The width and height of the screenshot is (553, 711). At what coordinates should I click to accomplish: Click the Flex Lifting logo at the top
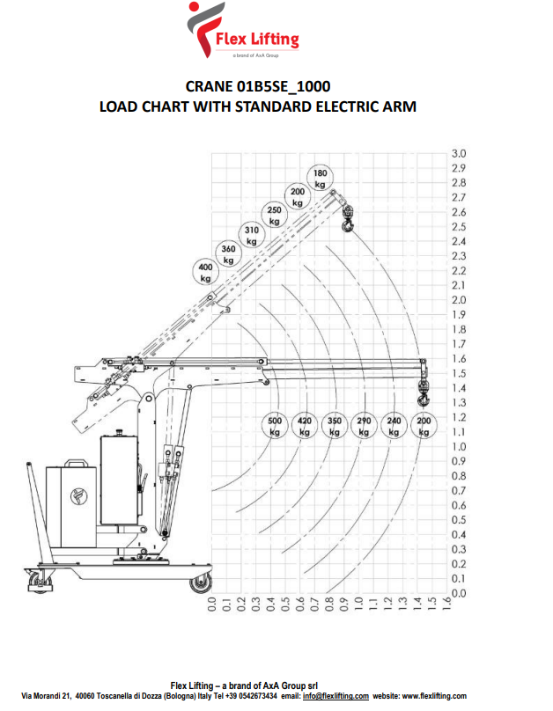[x=243, y=30]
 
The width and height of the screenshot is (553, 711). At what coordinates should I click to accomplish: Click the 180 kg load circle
[x=321, y=179]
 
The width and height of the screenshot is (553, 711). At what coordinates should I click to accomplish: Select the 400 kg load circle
[x=205, y=272]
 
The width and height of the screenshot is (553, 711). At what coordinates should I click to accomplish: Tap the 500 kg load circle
[x=275, y=426]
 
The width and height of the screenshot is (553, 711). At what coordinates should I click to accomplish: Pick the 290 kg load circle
[x=364, y=426]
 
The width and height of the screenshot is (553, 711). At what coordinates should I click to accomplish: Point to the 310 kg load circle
[x=252, y=235]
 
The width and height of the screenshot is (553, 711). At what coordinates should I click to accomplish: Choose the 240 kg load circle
[x=394, y=426]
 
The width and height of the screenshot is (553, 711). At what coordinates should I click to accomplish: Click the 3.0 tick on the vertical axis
[x=459, y=154]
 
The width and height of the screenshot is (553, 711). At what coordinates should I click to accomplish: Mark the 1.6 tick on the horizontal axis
[x=446, y=604]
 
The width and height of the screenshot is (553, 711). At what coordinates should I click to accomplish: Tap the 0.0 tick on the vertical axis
[x=459, y=593]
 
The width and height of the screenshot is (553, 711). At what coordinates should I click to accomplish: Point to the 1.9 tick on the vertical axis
[x=459, y=315]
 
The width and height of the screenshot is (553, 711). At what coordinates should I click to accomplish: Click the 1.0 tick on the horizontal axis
[x=358, y=604]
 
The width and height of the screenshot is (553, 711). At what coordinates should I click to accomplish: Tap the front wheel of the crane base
[x=201, y=583]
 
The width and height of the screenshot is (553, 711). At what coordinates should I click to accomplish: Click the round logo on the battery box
[x=79, y=495]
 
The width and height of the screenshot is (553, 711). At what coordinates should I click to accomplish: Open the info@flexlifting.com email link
[x=335, y=696]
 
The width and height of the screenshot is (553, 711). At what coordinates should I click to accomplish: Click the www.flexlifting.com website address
[x=434, y=696]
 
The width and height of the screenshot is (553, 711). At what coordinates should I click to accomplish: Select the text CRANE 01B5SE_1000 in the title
[x=258, y=86]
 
